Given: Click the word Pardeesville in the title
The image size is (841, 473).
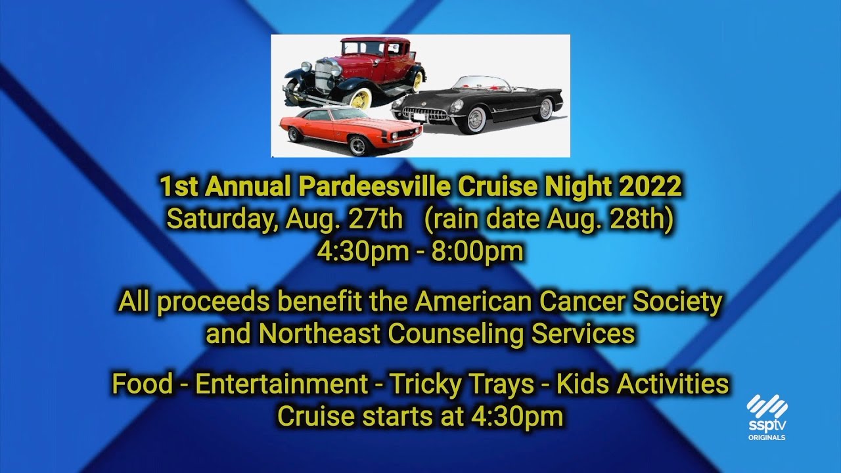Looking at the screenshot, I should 375,187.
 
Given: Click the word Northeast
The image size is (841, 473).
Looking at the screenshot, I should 319,334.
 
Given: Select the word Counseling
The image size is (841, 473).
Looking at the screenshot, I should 456,334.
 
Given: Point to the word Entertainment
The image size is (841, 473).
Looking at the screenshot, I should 281,384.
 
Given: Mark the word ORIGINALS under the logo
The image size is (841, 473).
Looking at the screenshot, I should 767,438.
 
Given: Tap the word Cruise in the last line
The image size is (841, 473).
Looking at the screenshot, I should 313,417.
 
